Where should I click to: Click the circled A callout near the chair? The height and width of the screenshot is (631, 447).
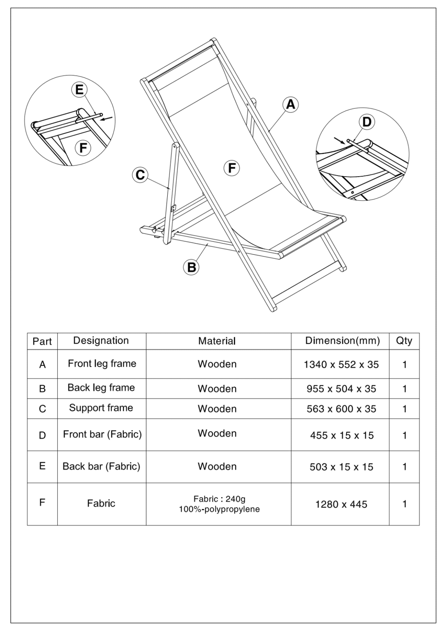click(x=291, y=104)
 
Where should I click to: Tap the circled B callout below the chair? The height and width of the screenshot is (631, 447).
click(x=191, y=267)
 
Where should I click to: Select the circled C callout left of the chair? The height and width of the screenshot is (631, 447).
click(x=140, y=174)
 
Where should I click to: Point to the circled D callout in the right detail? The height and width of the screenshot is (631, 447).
click(x=367, y=122)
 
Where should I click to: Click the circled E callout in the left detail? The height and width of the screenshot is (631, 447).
click(x=79, y=90)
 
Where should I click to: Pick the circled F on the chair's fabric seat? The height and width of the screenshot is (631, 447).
click(x=232, y=168)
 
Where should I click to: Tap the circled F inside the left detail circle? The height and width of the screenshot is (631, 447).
click(x=83, y=147)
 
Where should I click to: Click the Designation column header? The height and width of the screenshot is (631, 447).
click(x=101, y=341)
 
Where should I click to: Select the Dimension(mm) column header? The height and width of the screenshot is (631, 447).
click(x=342, y=341)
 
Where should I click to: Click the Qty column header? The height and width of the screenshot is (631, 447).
click(x=404, y=341)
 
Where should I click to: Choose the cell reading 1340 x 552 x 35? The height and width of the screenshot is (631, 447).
click(x=341, y=365)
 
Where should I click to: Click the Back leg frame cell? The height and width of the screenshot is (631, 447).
click(x=101, y=388)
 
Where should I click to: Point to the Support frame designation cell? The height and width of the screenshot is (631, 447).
click(x=101, y=408)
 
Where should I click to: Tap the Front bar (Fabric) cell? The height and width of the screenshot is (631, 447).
click(x=102, y=434)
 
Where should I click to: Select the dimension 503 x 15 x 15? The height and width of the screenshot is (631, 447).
click(x=341, y=467)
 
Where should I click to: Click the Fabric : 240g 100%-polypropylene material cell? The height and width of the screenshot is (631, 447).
click(x=219, y=504)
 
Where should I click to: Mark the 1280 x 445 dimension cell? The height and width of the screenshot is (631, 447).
click(x=341, y=504)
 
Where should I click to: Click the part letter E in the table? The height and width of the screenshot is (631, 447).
click(x=42, y=466)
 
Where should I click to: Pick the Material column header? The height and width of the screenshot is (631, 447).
click(x=217, y=341)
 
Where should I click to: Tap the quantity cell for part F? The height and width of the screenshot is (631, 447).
click(x=404, y=504)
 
